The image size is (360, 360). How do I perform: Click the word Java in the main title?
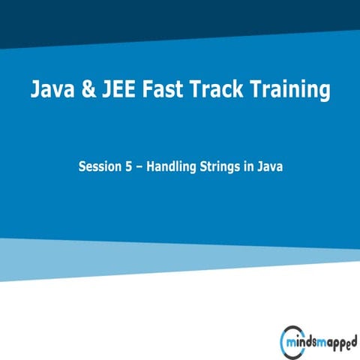(55, 90)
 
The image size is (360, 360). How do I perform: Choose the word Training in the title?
(298, 91)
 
